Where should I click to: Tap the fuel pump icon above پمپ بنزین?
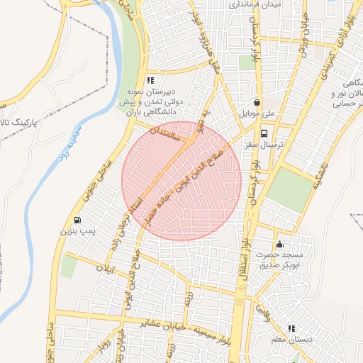pyautogui.click(x=77, y=220)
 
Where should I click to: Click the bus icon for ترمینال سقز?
pyautogui.click(x=264, y=133)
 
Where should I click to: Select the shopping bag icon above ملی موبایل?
pyautogui.click(x=256, y=102)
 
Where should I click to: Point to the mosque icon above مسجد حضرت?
pyautogui.click(x=279, y=244)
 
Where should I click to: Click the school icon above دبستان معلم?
pyautogui.click(x=291, y=328)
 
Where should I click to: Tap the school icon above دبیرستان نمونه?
pyautogui.click(x=150, y=80)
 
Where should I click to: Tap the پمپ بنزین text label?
pyautogui.click(x=76, y=231)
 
